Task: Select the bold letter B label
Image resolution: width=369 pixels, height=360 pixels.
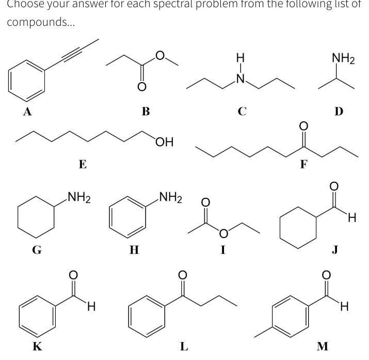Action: (146, 111)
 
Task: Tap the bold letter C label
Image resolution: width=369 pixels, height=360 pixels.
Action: (242, 111)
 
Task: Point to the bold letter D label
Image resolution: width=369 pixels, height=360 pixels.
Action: (339, 111)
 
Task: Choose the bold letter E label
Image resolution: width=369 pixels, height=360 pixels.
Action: (82, 164)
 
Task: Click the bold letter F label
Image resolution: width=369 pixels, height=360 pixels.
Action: (304, 164)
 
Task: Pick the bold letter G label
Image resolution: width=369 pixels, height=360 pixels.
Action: (37, 250)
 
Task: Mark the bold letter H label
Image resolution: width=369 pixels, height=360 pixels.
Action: (134, 250)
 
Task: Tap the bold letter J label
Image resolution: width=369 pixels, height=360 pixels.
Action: (335, 250)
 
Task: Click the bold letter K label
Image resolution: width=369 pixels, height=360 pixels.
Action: (37, 346)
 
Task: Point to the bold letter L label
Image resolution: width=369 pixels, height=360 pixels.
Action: (183, 346)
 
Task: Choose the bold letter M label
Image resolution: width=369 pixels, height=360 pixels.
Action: (322, 346)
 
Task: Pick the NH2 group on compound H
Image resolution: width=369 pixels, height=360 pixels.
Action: (170, 197)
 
